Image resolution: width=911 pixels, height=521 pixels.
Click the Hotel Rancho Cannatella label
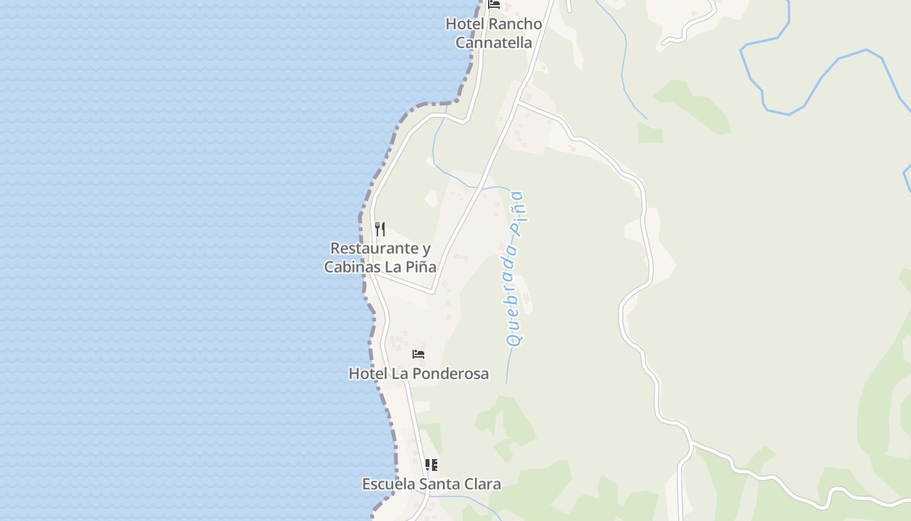click(x=493, y=33)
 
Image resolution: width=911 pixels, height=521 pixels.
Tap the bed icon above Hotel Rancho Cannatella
click(x=494, y=5)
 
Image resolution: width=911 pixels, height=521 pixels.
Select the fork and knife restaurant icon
click(x=380, y=229)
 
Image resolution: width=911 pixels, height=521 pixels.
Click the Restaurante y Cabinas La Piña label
click(x=380, y=258)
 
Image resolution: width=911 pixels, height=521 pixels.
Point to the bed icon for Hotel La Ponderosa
click(x=418, y=354)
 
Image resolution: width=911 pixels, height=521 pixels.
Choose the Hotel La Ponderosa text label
click(x=418, y=374)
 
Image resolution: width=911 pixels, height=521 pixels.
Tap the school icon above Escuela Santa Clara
click(x=431, y=465)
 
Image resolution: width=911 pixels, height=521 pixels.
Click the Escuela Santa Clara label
click(x=431, y=484)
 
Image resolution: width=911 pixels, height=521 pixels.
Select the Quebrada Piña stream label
click(x=516, y=267)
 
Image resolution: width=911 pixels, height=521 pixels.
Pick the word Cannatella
click(x=493, y=43)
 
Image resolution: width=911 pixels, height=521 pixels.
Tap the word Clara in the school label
click(x=482, y=484)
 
